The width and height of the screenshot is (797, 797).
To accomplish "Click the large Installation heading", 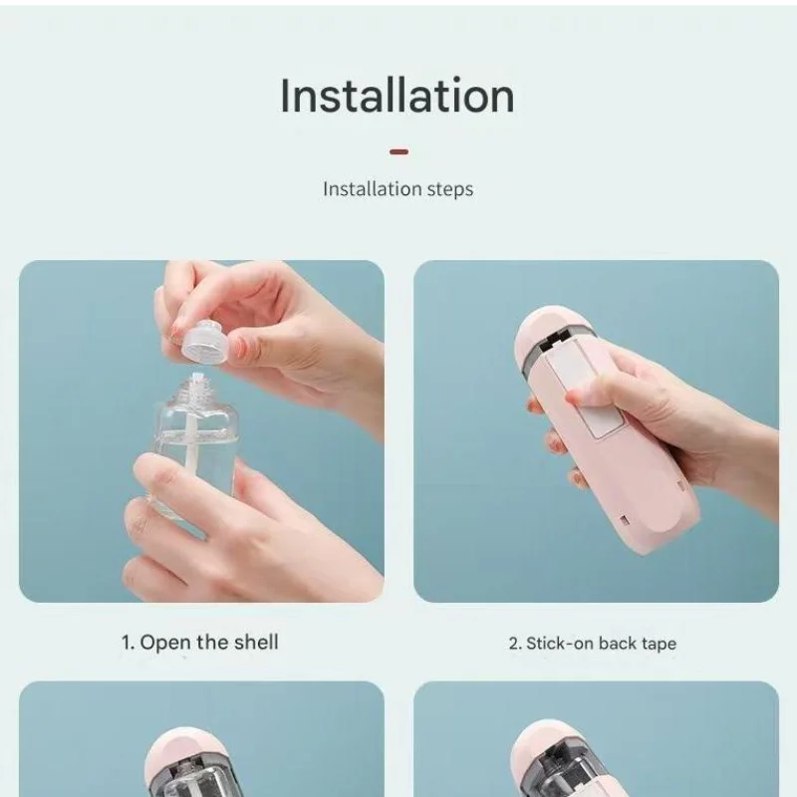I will point(398,96).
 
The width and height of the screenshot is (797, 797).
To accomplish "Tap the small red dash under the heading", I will point(398,152).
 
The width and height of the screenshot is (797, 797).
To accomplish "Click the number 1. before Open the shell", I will point(128,643).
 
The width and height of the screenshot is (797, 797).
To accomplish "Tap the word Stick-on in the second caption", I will point(560,644).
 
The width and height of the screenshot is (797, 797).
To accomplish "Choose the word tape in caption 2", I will point(659,644).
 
